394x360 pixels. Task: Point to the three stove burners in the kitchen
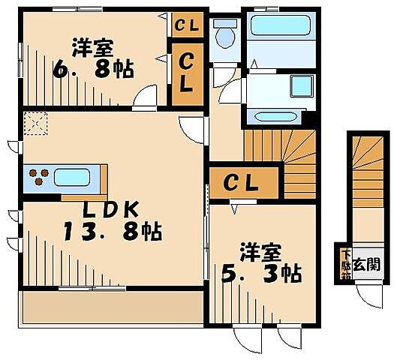(x=38, y=178)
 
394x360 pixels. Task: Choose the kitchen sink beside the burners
(x=72, y=178)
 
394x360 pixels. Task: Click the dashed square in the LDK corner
(x=34, y=123)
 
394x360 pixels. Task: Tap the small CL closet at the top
(x=185, y=25)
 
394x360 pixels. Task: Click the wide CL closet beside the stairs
(x=242, y=182)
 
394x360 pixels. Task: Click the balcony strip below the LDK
(x=113, y=307)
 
